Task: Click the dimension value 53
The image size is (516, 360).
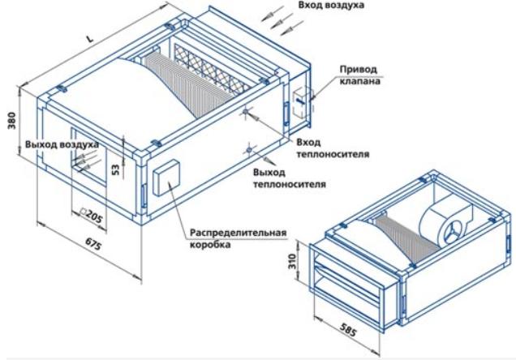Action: tap(116, 169)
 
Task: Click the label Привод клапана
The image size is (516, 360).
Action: tap(361, 75)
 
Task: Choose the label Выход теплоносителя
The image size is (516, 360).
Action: tap(289, 178)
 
